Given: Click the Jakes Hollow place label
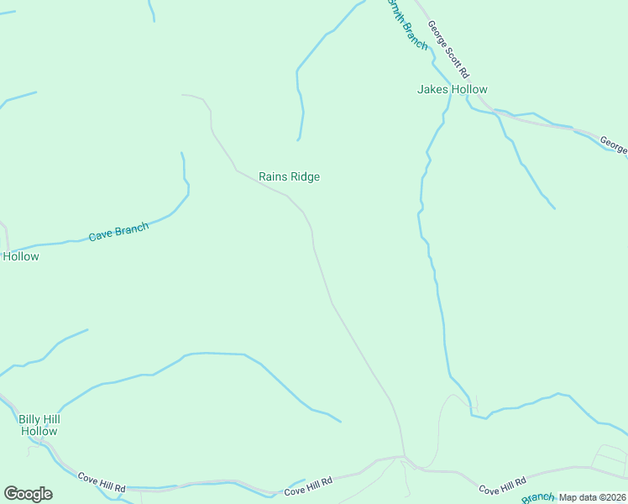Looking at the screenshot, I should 452,89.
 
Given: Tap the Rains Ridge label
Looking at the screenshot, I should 289,176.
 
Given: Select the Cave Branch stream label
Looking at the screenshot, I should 118,232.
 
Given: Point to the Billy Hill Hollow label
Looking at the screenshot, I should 39,425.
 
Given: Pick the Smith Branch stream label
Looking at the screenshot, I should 406,24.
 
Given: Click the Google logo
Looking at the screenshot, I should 28,494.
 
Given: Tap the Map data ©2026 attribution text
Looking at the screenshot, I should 593,497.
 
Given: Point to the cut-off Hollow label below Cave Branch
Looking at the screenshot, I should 20,256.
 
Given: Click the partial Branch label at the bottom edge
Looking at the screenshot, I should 538,498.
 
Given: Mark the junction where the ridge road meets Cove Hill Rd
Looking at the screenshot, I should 404,458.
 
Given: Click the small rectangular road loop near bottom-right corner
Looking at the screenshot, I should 610,458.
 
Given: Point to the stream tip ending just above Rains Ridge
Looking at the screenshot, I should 297,139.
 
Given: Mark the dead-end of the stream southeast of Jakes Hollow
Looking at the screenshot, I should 554,207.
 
